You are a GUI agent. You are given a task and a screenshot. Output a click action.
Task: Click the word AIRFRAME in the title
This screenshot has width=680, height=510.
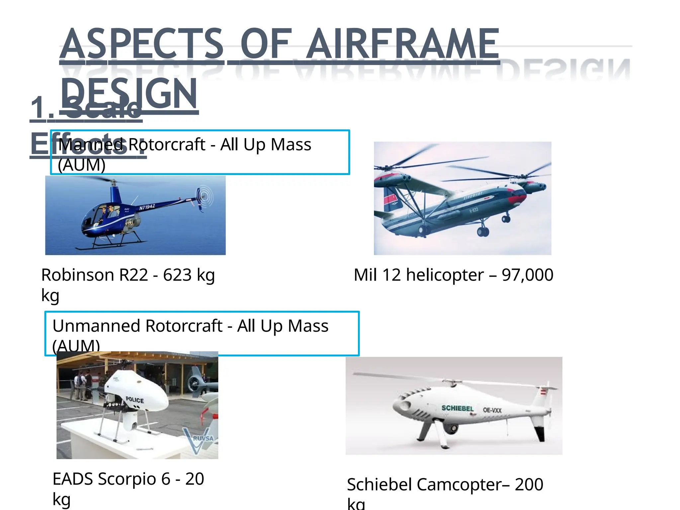(x=402, y=44)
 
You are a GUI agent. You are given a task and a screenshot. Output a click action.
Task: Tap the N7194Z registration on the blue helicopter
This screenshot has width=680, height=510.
(x=147, y=207)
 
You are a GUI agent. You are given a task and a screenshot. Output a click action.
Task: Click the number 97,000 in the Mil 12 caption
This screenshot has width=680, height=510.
(x=527, y=275)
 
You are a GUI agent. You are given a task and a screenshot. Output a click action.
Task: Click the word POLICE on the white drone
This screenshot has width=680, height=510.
(x=135, y=400)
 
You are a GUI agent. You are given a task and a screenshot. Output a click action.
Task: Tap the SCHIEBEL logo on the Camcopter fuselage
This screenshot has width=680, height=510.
(x=457, y=408)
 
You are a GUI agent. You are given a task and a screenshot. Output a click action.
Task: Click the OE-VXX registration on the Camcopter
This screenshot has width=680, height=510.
(x=492, y=410)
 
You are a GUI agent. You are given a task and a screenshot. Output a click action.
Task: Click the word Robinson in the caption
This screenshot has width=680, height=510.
(x=78, y=275)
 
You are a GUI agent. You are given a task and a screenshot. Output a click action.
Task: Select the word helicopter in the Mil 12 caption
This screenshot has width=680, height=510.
(x=445, y=275)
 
